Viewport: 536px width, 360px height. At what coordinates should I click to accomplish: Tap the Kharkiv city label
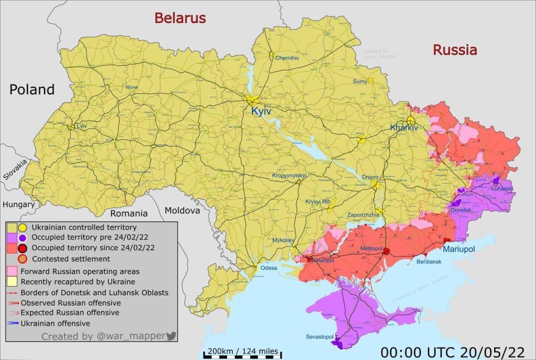404,128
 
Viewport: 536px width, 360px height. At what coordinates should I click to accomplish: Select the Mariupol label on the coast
459,250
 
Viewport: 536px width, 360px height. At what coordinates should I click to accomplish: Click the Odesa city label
269,267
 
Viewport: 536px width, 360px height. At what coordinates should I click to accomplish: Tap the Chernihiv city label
287,58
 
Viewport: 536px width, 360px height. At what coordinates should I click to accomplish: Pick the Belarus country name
180,18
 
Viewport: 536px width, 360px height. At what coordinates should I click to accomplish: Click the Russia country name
454,50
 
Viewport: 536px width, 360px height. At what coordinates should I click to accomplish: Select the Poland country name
32,89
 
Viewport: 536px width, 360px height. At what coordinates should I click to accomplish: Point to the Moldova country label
182,210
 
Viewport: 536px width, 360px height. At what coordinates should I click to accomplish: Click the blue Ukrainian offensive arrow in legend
13,323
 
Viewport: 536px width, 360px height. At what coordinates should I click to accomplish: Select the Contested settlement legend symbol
23,258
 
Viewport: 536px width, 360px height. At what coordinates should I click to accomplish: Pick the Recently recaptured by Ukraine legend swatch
12,282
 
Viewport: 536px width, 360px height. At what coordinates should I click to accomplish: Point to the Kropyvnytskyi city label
289,176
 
